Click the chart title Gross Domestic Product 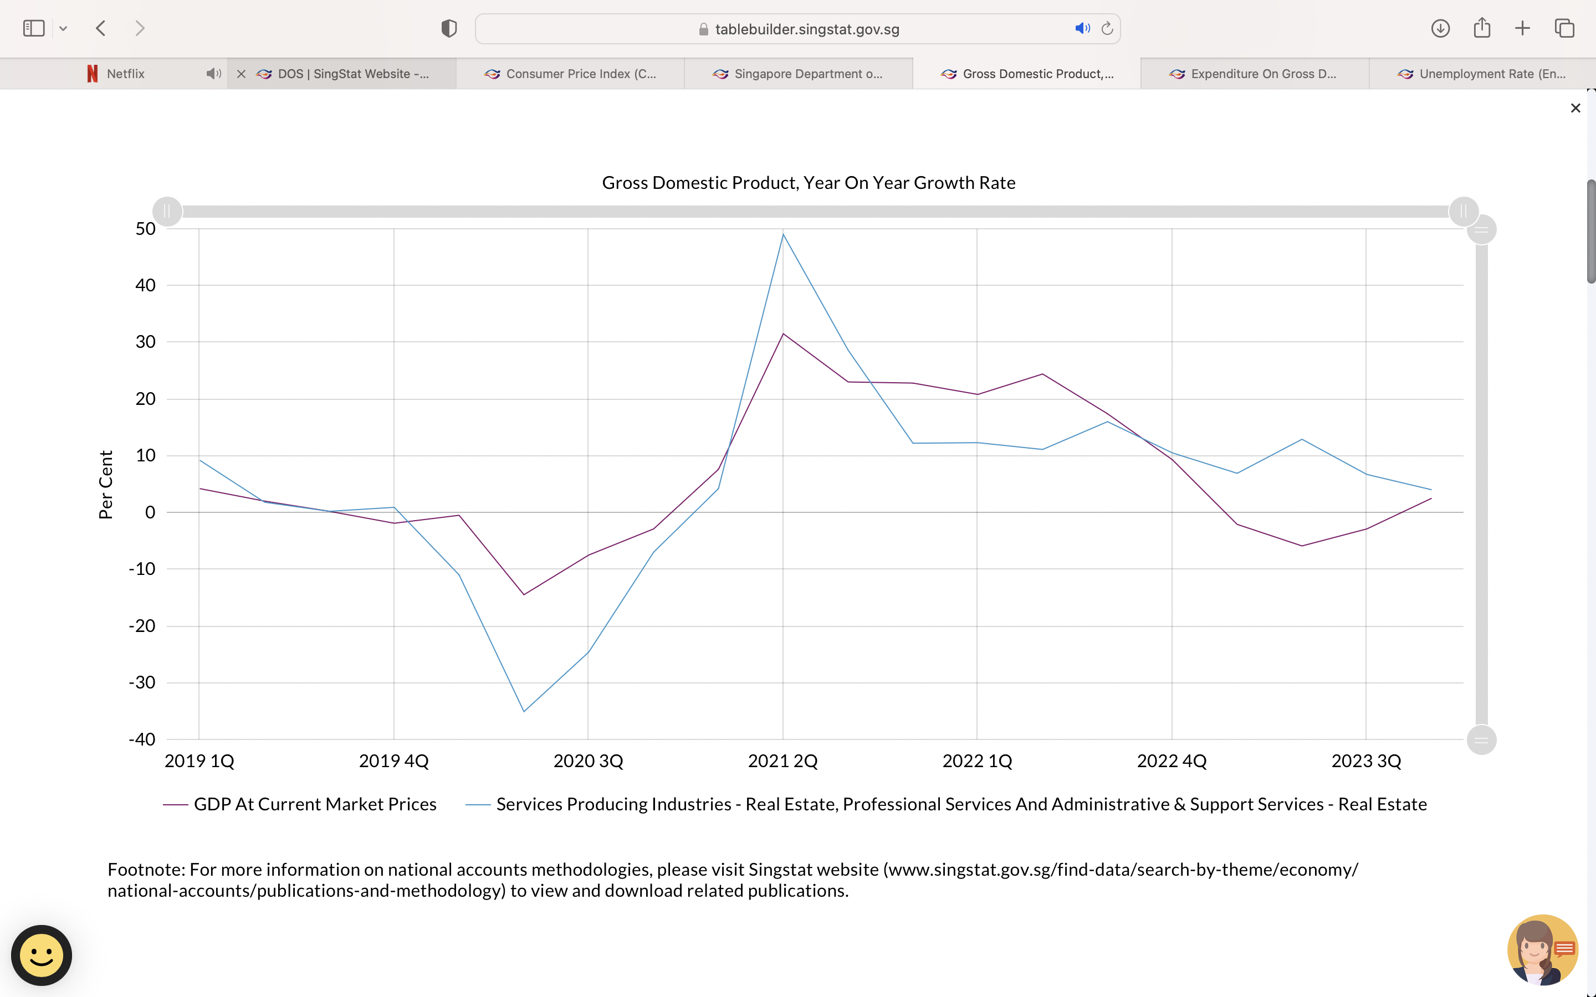(808, 183)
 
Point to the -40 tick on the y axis (142, 739)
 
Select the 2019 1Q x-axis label (199, 761)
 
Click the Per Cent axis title (105, 485)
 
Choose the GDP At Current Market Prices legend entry (315, 804)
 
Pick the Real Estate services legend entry (960, 804)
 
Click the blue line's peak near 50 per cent (783, 234)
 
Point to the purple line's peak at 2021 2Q (783, 333)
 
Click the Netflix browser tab (125, 74)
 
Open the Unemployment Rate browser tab (1491, 74)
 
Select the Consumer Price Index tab (580, 74)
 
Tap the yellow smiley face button (42, 955)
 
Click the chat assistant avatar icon (1542, 949)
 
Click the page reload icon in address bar (1107, 28)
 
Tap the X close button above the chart (1575, 108)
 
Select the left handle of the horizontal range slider (167, 212)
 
